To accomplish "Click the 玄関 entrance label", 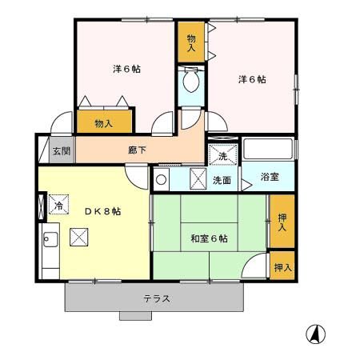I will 61,150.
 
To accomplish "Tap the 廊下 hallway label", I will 138,149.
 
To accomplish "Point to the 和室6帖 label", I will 209,238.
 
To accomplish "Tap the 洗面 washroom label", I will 222,180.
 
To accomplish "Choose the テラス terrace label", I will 157,298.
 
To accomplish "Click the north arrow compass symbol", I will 317,333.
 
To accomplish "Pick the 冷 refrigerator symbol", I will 58,205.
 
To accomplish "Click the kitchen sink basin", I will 49,238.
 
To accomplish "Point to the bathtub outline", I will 269,150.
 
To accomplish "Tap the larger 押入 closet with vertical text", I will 282,223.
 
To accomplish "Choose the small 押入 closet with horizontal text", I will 282,267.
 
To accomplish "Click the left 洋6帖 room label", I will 126,69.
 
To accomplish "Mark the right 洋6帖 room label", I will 252,79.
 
